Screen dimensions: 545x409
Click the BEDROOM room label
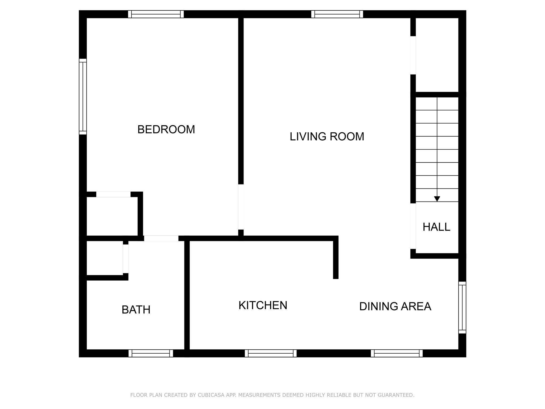point(166,129)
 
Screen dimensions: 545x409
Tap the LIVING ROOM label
point(327,136)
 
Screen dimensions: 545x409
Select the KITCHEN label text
point(263,305)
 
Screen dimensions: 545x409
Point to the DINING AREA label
point(395,306)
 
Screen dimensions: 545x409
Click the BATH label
point(136,310)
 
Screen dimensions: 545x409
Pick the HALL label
point(436,227)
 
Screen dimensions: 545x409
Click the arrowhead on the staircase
point(437,199)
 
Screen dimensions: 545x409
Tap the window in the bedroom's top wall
point(156,14)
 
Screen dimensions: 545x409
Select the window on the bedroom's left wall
point(83,96)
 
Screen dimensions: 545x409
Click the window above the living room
point(337,14)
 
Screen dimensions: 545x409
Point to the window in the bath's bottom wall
point(151,353)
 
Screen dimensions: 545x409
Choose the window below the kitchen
point(271,353)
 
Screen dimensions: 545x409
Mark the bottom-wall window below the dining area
point(397,353)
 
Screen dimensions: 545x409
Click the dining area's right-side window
point(463,308)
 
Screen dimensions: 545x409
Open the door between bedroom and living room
point(241,207)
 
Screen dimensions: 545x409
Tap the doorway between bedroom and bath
point(161,238)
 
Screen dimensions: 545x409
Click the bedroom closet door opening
point(113,194)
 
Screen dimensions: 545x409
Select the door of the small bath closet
point(126,259)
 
